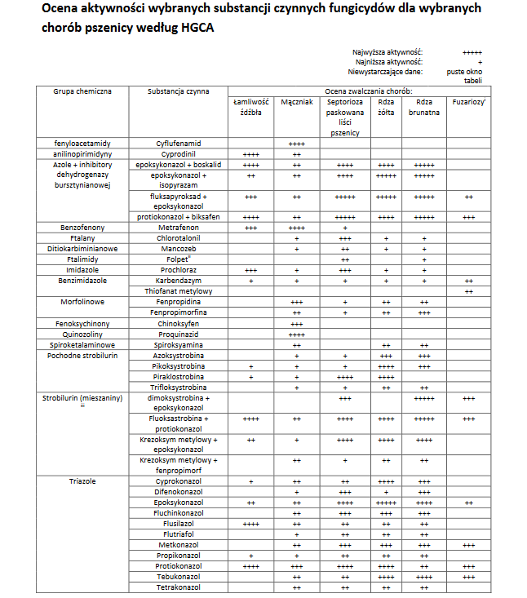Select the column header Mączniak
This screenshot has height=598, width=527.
[x=297, y=103]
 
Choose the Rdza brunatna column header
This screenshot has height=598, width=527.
[x=424, y=108]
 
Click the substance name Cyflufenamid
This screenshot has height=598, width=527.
[x=180, y=143]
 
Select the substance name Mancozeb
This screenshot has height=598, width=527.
[x=180, y=248]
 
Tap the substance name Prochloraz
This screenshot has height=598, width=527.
[x=180, y=269]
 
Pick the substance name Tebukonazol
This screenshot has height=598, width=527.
[x=180, y=577]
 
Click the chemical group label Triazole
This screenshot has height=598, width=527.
[x=82, y=481]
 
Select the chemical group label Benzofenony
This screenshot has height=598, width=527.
[x=82, y=227]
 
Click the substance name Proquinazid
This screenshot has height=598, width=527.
[x=180, y=334]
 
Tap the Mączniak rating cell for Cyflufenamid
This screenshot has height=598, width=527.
[x=297, y=144]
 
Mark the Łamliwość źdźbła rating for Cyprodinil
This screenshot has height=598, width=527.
[x=250, y=153]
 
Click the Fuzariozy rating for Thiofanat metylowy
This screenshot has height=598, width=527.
[x=468, y=290]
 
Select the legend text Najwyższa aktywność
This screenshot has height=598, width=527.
[x=387, y=52]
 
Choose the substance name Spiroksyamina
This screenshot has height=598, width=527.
[x=180, y=344]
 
